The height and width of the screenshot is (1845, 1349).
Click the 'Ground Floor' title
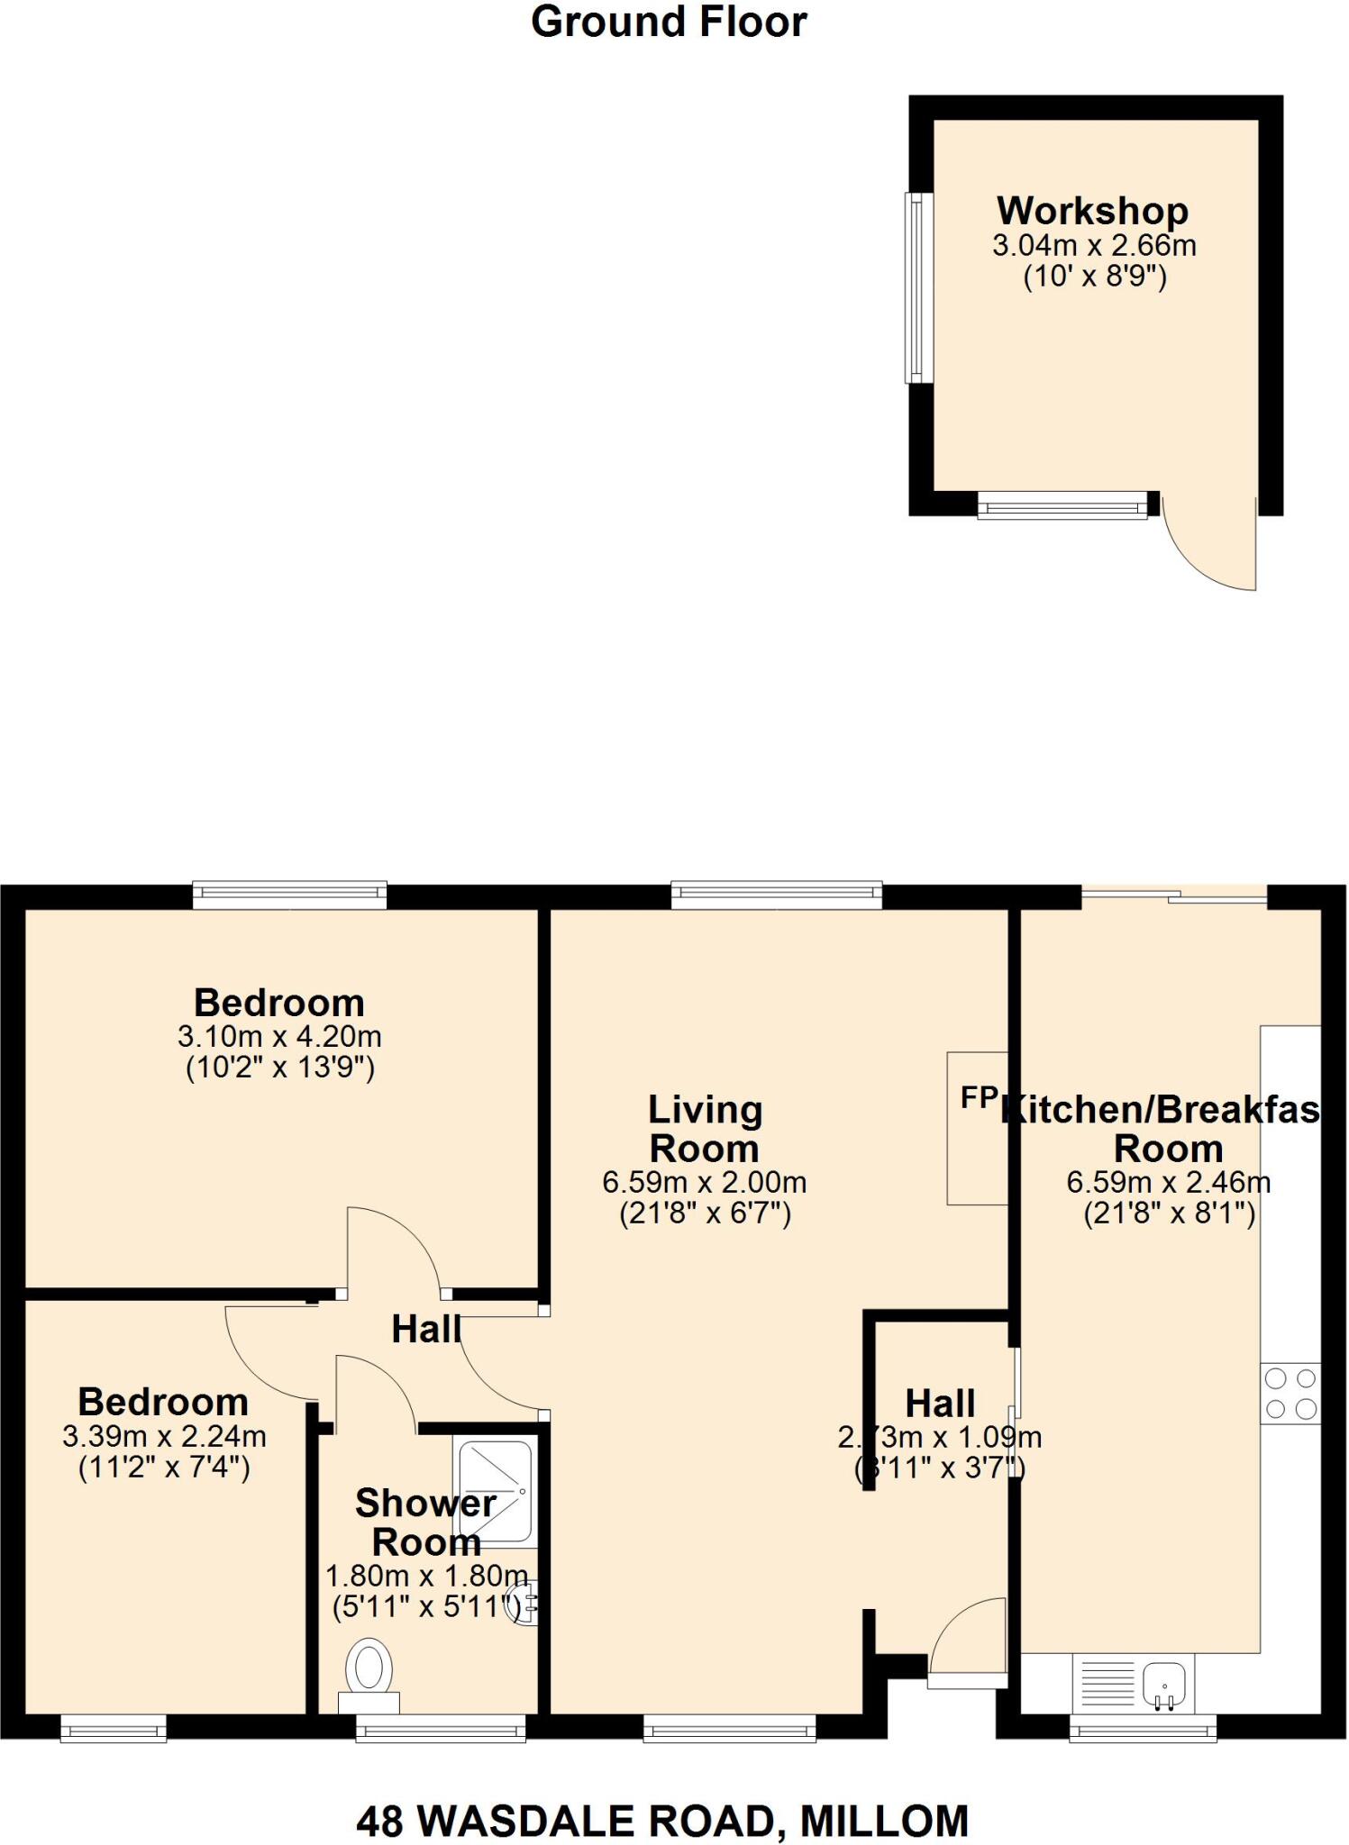point(669,22)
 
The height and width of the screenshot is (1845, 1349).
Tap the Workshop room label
point(1092,211)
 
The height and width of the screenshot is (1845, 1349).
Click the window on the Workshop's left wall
point(916,288)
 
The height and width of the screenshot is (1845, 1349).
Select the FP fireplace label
point(979,1097)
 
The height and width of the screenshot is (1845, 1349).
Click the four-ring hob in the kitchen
point(1290,1394)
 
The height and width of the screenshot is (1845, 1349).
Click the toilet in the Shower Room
point(369,1668)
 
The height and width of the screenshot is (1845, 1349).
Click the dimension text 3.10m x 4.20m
point(279,1036)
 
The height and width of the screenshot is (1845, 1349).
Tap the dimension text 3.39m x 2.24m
point(164,1436)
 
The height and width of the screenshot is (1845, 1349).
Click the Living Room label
point(705,1129)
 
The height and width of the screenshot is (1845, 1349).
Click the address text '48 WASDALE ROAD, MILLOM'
point(662,1822)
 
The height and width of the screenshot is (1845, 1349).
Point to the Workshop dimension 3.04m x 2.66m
point(1094,245)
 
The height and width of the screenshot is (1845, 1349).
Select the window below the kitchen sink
point(1143,1728)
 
